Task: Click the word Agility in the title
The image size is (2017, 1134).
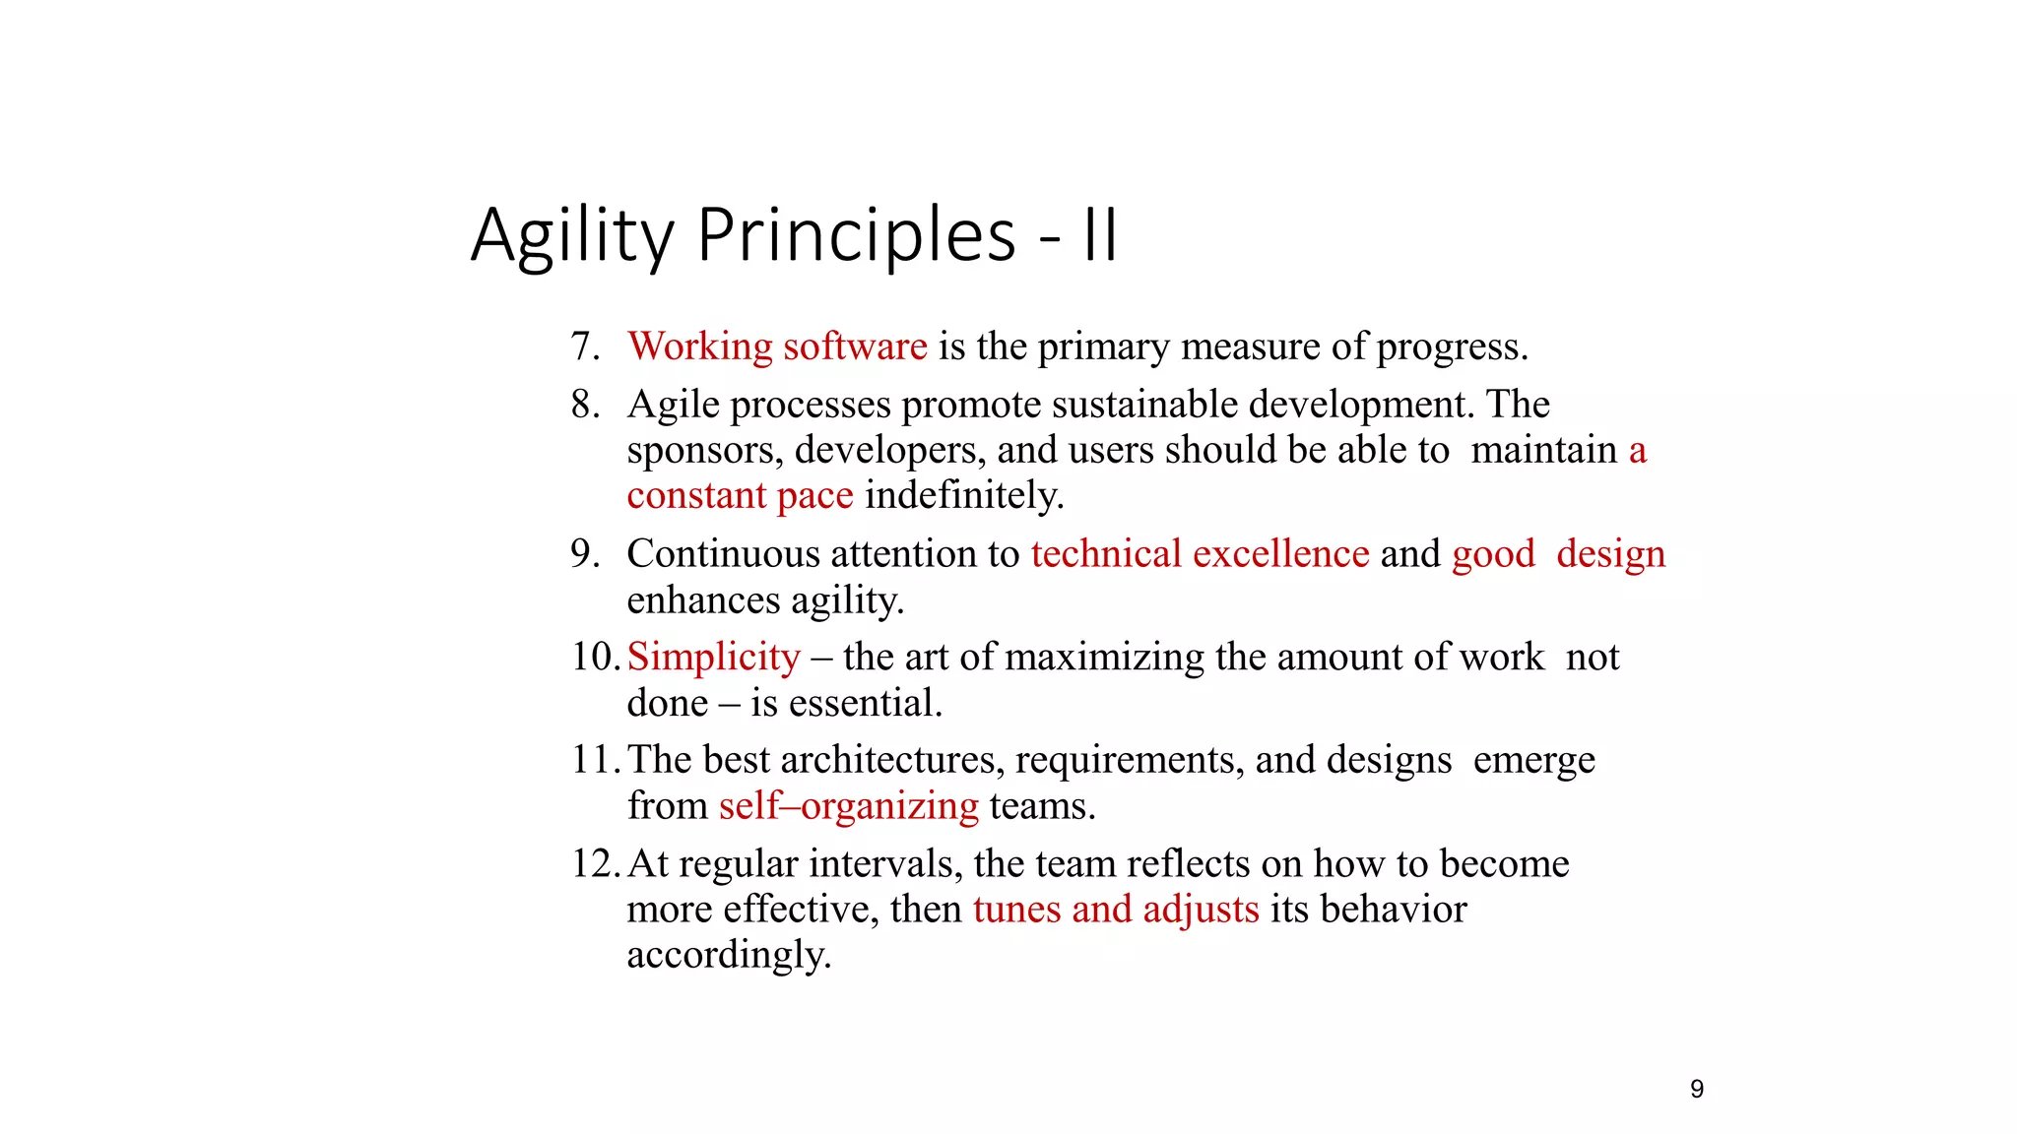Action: tap(571, 236)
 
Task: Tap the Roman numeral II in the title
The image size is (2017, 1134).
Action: tap(1100, 236)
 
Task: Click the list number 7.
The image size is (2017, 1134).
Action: tap(585, 346)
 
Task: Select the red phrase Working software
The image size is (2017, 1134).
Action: tap(777, 346)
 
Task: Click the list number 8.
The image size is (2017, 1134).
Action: tap(585, 405)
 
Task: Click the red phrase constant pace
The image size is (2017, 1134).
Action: tap(740, 495)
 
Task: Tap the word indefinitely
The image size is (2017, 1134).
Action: tap(964, 495)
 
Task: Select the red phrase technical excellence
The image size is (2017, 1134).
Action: tap(1200, 554)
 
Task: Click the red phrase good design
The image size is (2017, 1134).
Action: tap(1558, 554)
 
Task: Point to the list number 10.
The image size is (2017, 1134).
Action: tap(595, 658)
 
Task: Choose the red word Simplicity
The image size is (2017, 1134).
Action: tap(714, 658)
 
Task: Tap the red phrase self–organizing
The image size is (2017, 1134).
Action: tap(848, 806)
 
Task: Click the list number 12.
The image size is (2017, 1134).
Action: tap(595, 864)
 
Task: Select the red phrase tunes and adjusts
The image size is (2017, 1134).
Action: tap(1116, 910)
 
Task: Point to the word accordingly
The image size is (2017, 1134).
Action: tap(729, 955)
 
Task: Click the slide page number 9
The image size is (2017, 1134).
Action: tap(1697, 1089)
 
